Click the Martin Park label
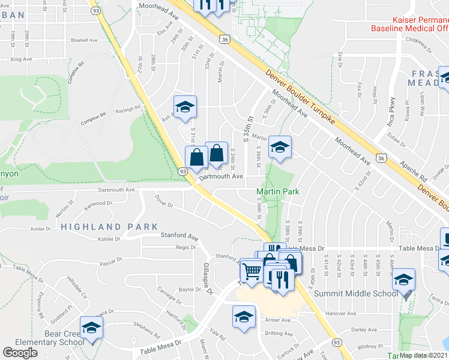(x=278, y=192)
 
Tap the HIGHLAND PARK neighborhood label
(x=109, y=227)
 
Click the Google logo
(x=20, y=352)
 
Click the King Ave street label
(x=21, y=59)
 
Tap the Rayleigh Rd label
(x=128, y=109)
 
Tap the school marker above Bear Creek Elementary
(x=91, y=327)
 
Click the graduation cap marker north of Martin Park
(x=279, y=146)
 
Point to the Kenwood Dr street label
(x=98, y=205)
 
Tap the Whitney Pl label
(x=370, y=346)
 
